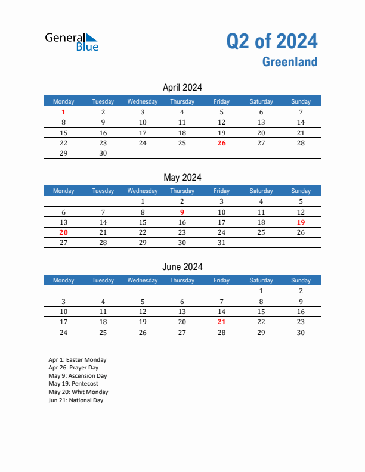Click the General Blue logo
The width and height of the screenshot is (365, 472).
[x=72, y=41]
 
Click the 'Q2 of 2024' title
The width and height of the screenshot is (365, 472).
[x=271, y=41]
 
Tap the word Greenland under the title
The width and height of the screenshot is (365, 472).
[x=289, y=62]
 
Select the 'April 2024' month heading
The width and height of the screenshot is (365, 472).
[x=182, y=88]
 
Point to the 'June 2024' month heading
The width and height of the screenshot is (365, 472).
[x=182, y=267]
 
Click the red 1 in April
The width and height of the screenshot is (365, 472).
[x=64, y=112]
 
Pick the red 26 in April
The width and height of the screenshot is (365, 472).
[x=221, y=143]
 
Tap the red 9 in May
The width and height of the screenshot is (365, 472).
[x=182, y=212]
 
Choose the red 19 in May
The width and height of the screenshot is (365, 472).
[x=301, y=222]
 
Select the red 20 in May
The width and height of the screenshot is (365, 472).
[x=64, y=232]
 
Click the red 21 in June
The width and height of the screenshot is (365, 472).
[x=221, y=322]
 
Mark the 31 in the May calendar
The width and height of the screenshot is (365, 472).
[x=221, y=243]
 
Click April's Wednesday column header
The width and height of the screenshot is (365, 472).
[x=143, y=101]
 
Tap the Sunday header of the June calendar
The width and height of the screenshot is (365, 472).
[x=301, y=280]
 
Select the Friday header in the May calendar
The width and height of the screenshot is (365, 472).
[x=221, y=191]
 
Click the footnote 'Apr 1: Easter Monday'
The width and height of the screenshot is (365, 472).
[x=78, y=360]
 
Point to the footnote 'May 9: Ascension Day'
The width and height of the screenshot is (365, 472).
[x=78, y=376]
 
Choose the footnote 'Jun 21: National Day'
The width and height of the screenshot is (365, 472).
[x=76, y=400]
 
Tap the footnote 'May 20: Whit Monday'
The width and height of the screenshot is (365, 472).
[x=78, y=392]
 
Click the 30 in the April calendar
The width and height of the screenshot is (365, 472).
[x=103, y=153]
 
